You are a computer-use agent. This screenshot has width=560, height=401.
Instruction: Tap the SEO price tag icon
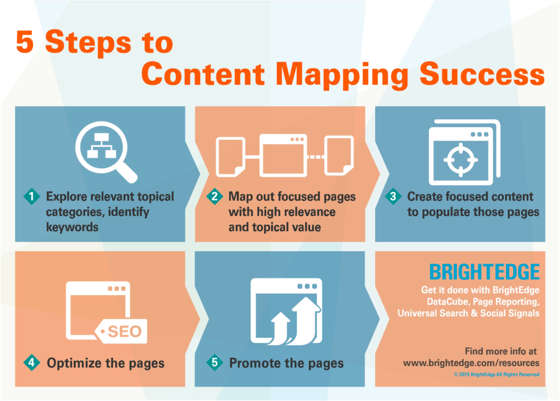click(x=121, y=330)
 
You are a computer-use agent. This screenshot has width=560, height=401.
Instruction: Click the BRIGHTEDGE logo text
click(x=484, y=272)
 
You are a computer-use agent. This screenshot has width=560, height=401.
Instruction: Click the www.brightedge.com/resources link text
click(x=471, y=363)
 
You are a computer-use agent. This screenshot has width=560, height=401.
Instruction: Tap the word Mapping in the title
click(x=342, y=74)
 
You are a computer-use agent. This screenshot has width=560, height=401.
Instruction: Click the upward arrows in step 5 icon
click(x=296, y=323)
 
